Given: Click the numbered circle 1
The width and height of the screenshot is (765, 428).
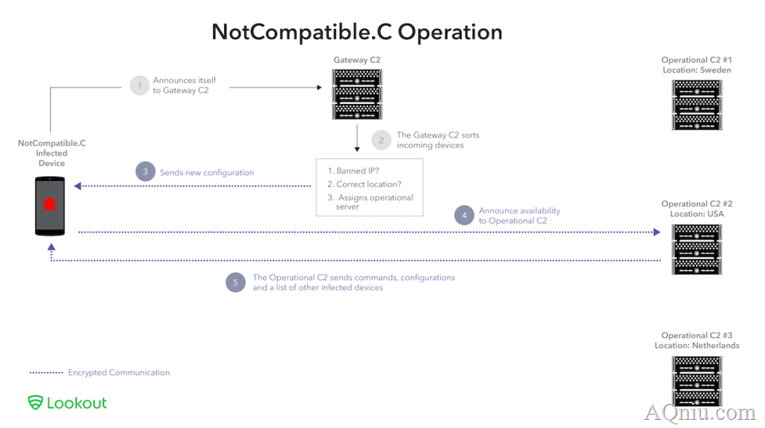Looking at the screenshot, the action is coord(140,85).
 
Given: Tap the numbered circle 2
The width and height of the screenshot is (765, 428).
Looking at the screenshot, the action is coord(382,140).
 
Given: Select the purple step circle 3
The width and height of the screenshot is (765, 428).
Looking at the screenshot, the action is coord(146,171).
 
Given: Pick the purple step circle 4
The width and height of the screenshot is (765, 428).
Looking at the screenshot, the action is coord(464,215).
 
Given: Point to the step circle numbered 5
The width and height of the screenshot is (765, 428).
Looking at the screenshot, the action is coord(235,282).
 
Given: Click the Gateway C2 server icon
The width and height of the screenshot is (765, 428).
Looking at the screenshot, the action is coord(357,94).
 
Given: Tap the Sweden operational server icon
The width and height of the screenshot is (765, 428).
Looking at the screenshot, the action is coord(697,105).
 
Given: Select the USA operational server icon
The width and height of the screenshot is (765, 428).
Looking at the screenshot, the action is coord(697,249).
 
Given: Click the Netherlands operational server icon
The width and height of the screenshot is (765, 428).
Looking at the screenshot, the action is coord(697,381).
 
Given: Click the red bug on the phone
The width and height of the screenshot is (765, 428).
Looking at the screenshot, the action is coord(49,204).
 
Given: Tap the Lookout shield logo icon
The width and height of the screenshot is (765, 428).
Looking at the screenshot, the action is coord(35,403).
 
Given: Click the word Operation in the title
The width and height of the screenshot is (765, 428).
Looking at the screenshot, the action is coord(450,32).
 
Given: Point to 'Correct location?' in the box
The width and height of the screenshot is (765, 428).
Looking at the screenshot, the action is coord(369,184).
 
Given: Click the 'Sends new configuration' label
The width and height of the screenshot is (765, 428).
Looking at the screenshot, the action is coord(207,172).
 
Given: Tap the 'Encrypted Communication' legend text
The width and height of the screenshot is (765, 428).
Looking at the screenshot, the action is coord(119,373).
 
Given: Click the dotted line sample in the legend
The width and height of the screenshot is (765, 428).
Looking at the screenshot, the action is coord(46,373).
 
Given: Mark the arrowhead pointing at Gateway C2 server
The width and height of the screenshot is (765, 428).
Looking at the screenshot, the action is coord(319,88).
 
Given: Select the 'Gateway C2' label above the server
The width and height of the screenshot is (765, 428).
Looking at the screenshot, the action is coord(356,60).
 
